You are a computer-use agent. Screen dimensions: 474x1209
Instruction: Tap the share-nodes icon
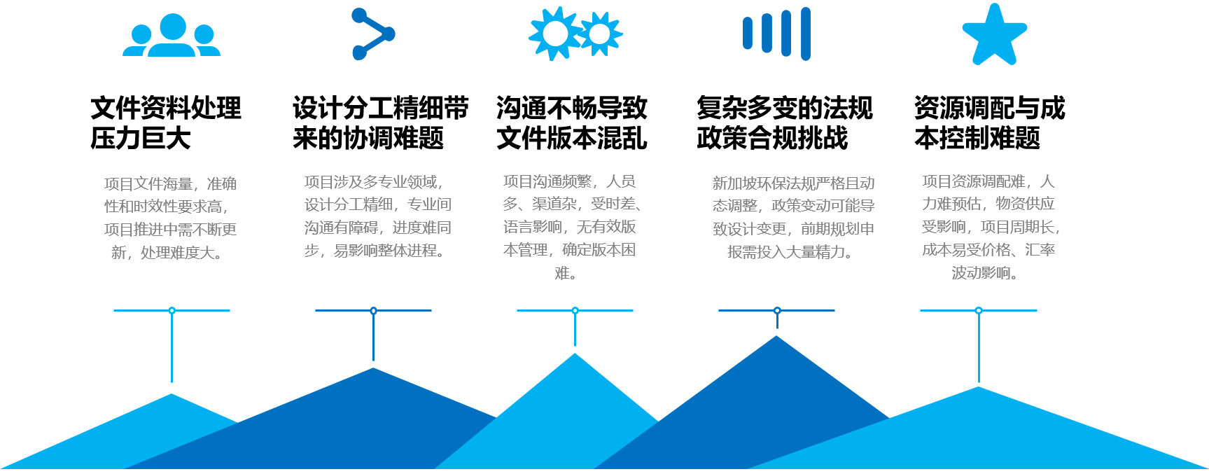(373, 34)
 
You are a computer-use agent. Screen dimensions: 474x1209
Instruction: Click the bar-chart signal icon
(776, 34)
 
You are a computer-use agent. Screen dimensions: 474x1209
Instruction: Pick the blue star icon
(994, 35)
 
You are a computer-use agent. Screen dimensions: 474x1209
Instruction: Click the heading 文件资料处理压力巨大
(166, 123)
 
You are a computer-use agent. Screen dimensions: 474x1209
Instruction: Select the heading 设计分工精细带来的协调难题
(380, 123)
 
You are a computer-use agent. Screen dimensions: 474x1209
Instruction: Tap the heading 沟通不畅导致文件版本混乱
(571, 123)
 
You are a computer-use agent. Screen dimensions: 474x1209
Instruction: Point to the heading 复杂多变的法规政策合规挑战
(784, 123)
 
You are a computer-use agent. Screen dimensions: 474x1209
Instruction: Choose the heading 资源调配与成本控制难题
(989, 123)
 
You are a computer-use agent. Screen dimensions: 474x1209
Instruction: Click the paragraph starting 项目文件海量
(170, 218)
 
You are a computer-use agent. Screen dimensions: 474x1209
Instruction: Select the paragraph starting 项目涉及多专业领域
(377, 216)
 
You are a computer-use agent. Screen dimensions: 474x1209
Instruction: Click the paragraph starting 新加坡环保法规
(793, 217)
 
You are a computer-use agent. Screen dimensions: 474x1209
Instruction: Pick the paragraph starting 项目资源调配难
(989, 227)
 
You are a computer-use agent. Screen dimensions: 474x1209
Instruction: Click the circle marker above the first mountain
(172, 310)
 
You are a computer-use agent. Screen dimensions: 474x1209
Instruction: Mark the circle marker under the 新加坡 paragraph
(777, 310)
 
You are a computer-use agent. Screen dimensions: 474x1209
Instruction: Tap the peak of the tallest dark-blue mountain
(776, 337)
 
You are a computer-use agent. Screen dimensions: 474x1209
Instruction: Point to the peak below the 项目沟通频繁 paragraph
(575, 355)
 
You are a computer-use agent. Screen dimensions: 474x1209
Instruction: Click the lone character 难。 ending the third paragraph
(566, 273)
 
